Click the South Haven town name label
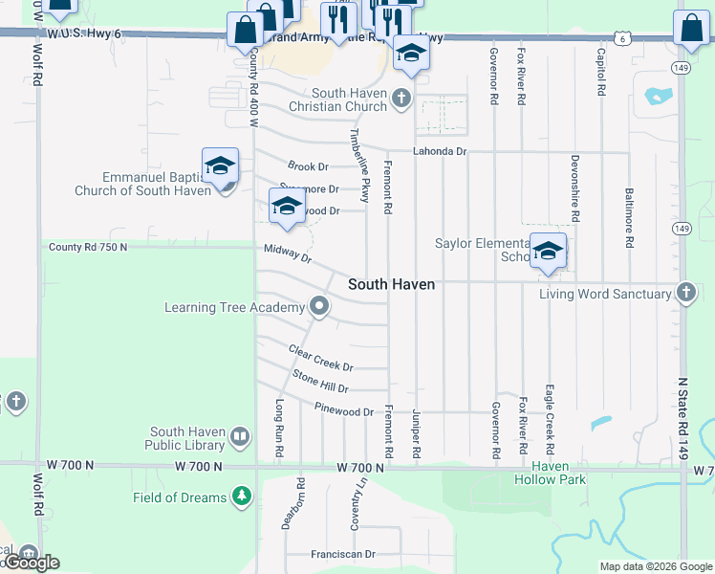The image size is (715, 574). (x=391, y=284)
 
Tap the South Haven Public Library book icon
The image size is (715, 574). (x=240, y=438)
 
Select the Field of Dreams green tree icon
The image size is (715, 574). (x=242, y=497)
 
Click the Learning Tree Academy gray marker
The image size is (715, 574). (x=319, y=307)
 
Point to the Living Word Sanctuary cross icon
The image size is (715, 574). (x=685, y=293)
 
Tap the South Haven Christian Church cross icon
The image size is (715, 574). (x=401, y=98)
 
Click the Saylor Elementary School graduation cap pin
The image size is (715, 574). (x=548, y=251)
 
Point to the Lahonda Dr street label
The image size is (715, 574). (x=439, y=151)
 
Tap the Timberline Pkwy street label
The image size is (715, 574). (x=364, y=165)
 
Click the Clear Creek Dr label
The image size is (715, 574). (x=321, y=359)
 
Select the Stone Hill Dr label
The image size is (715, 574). (x=320, y=381)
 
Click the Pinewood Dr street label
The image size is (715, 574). (x=343, y=410)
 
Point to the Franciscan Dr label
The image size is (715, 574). (x=342, y=554)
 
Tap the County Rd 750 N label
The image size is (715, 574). (x=88, y=247)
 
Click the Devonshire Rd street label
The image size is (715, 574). (x=574, y=185)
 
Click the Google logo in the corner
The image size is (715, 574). (x=32, y=563)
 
